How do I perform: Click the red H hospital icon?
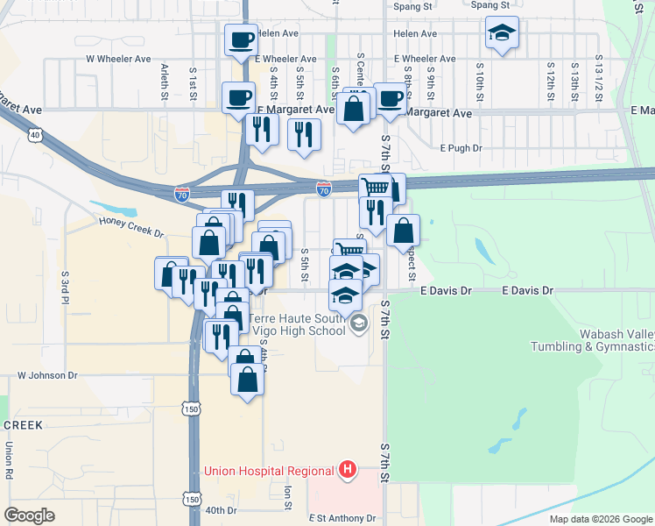pos(348,470)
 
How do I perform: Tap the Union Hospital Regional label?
pos(271,471)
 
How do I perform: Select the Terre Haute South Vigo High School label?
pos(298,324)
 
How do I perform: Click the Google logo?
pos(29,515)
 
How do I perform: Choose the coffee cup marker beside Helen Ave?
pos(242,39)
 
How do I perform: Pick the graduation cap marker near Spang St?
pos(502,33)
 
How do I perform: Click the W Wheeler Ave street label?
pos(118,60)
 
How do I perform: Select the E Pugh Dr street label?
pos(461,149)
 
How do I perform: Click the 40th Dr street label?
pos(221,510)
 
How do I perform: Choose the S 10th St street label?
pos(479,79)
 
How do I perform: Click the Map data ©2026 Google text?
pos(600,519)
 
